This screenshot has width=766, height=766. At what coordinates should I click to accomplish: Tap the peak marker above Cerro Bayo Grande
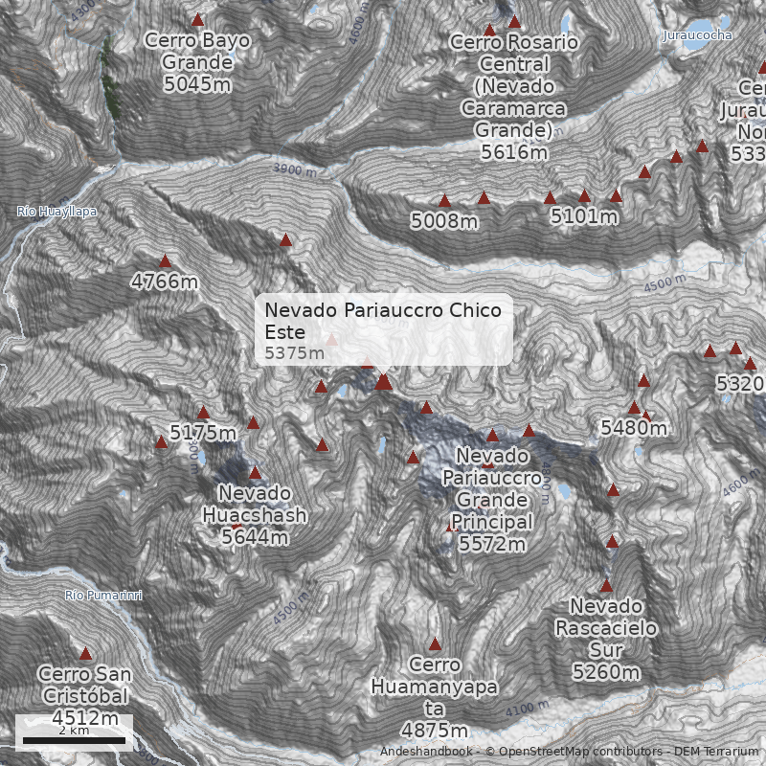tap(198, 20)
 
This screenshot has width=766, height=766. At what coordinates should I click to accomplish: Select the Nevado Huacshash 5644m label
tap(255, 515)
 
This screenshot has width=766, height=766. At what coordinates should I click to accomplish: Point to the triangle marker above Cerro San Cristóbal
tap(85, 654)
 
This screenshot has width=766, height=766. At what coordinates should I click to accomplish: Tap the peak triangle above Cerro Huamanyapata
tap(435, 644)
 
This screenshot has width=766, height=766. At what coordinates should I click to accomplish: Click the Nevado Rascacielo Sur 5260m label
tap(606, 640)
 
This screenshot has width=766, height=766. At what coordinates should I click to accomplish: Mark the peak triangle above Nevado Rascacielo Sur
tap(606, 585)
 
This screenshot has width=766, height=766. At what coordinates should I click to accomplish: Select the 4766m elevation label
tap(165, 282)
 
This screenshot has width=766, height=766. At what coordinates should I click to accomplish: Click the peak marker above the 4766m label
tap(165, 260)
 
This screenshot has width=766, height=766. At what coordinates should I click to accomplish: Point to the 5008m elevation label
tap(444, 221)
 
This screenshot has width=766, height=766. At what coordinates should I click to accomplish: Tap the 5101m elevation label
tap(584, 217)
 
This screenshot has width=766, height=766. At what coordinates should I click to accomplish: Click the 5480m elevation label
tap(634, 428)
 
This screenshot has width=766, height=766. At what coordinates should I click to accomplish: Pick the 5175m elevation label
tap(203, 433)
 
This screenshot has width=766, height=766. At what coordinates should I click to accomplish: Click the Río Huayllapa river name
tap(57, 212)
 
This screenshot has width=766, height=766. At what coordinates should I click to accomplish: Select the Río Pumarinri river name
tap(104, 596)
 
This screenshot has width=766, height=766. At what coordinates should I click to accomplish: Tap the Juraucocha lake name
tap(697, 35)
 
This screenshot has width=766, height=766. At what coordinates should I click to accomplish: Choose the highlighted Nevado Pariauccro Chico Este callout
tap(384, 329)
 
